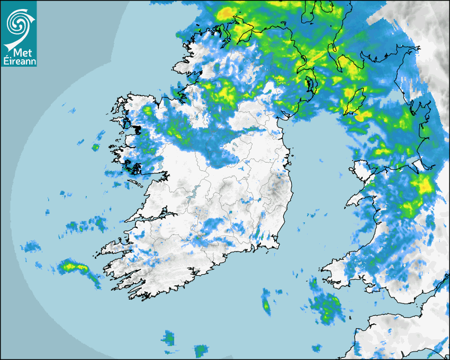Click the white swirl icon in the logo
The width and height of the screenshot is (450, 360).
coord(18,22)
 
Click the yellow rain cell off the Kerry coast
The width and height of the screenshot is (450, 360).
coord(70,266)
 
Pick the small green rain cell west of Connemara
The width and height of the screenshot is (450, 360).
coord(95,147)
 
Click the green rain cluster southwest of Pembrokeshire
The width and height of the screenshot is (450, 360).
coord(325,308)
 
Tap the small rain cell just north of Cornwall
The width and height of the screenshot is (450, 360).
coord(317,348)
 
